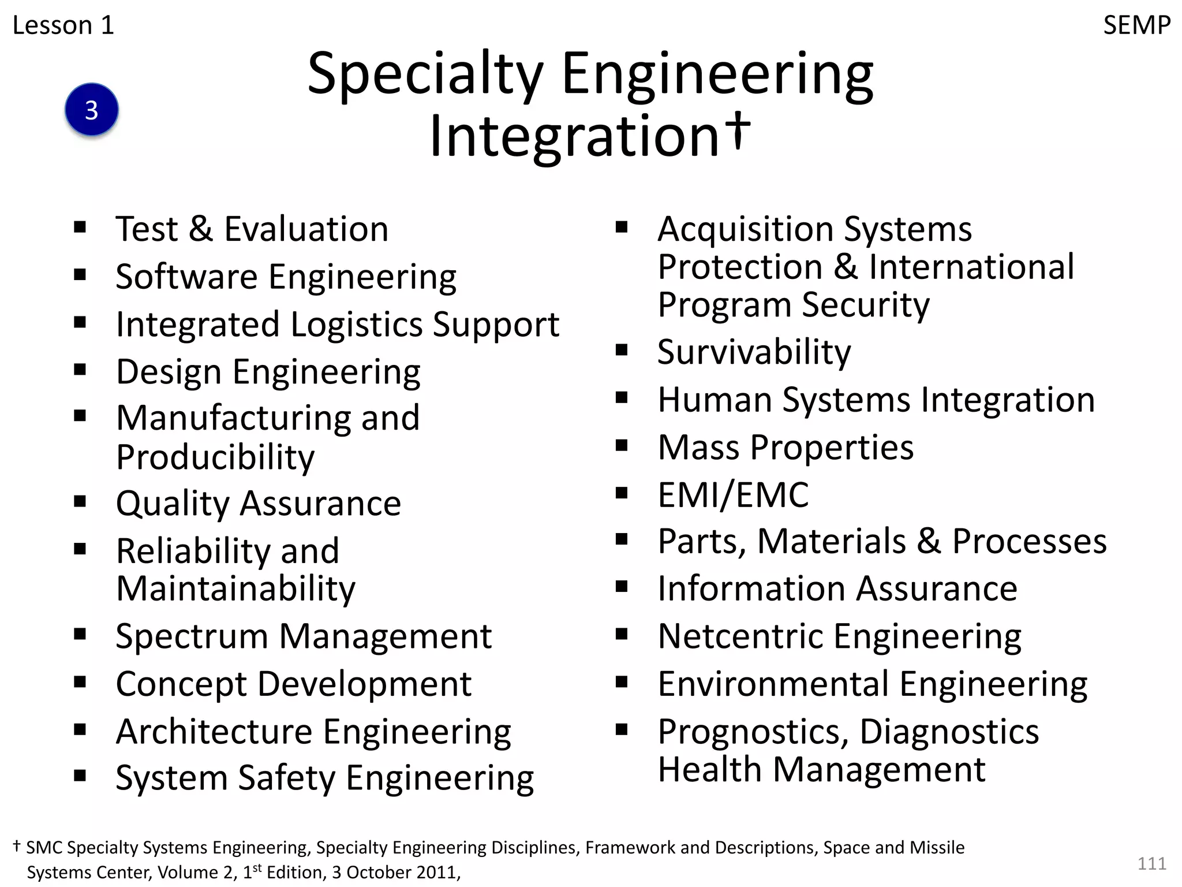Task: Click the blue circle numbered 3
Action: [x=92, y=110]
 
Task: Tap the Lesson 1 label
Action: [x=63, y=25]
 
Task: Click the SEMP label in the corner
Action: [x=1136, y=25]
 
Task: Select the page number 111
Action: [x=1151, y=863]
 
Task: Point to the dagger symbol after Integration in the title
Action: [x=738, y=129]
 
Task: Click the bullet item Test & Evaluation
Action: [x=252, y=229]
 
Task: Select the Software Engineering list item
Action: [x=286, y=277]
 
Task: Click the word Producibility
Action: [x=215, y=457]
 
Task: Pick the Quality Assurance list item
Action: [x=258, y=504]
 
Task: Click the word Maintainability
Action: [x=235, y=589]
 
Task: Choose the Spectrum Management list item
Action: [x=304, y=636]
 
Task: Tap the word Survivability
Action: [x=754, y=352]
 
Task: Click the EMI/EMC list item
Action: [x=733, y=495]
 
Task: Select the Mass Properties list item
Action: [x=785, y=448]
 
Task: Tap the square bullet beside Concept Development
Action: [x=80, y=683]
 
